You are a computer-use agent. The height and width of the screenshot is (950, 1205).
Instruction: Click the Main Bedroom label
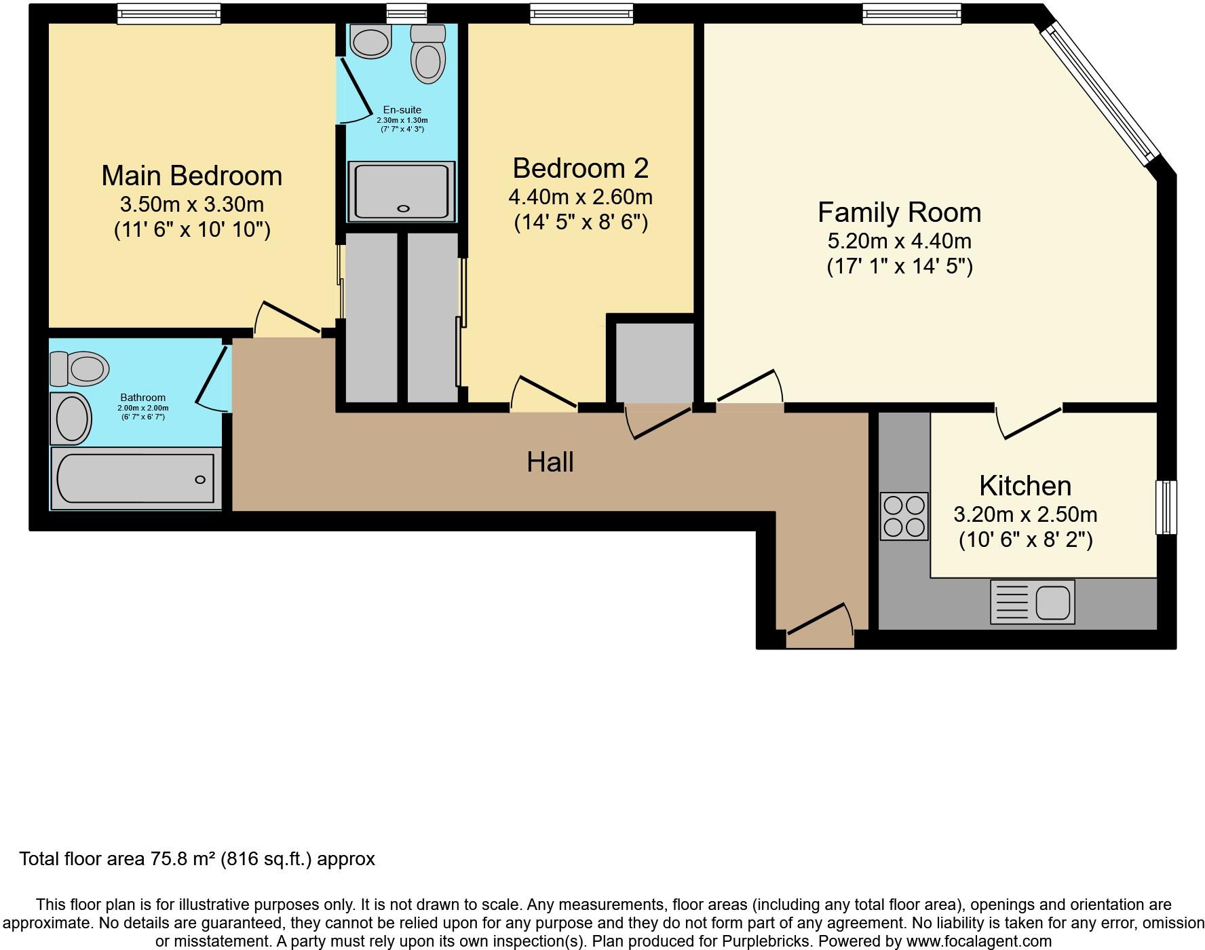point(192,176)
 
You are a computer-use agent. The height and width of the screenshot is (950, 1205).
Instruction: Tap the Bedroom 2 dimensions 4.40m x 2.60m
point(580,197)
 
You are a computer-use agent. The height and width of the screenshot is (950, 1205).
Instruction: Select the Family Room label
point(899,212)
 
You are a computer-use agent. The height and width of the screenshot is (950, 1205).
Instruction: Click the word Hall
point(550,462)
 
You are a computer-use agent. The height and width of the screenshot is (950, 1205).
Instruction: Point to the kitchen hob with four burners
point(904,516)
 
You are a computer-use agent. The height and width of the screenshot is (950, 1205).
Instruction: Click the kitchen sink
point(1033,602)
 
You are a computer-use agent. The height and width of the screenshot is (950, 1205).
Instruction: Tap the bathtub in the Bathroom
point(136,478)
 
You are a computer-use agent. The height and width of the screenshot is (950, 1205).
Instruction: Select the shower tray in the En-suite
point(401,191)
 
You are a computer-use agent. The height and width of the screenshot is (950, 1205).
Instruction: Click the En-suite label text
point(402,110)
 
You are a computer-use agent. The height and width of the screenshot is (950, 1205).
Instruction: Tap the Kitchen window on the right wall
point(1166,507)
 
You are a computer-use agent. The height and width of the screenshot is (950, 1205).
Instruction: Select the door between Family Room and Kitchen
point(1028,421)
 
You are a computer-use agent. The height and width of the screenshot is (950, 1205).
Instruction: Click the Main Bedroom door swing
point(285,319)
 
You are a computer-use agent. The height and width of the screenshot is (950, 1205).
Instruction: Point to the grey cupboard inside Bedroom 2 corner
point(654,363)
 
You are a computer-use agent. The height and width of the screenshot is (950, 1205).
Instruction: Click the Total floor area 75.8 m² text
point(197,859)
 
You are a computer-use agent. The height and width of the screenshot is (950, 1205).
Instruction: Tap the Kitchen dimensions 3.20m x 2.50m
point(1025,514)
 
